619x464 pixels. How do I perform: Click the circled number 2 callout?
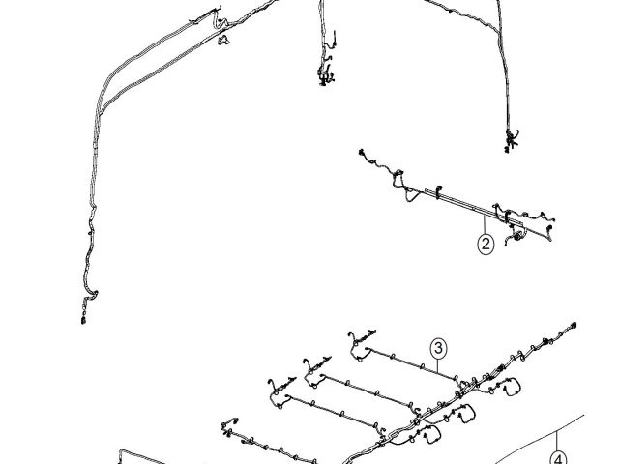[x=485, y=244]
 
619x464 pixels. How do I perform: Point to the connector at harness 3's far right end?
[x=575, y=326]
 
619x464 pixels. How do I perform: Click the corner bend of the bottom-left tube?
[x=123, y=451]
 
